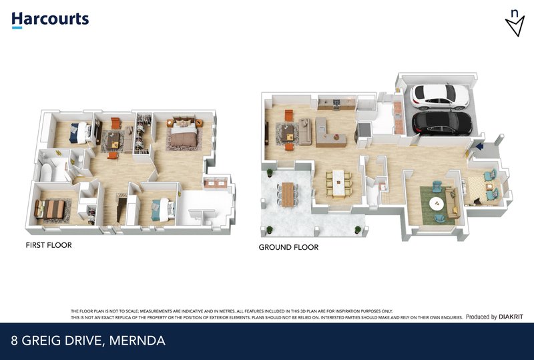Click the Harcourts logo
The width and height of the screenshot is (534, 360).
pos(50,20)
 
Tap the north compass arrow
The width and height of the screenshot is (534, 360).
pos(515,26)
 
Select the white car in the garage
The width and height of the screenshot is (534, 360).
pos(440,96)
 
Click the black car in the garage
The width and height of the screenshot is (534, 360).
pos(442,123)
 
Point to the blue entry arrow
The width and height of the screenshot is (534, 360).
pos(480,146)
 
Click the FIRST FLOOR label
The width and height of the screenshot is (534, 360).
pos(49,245)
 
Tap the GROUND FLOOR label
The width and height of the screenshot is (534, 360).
pos(288,247)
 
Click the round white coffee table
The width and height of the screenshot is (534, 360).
pos(437,204)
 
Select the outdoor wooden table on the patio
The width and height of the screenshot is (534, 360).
pos(288,194)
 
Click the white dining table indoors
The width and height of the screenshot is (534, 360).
pos(338,183)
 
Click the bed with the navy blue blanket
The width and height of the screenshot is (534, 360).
pos(79,133)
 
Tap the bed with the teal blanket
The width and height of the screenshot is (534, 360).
pos(163,210)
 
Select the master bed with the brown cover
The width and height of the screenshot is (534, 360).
pos(184,134)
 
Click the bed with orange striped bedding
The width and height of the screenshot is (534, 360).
pos(49,208)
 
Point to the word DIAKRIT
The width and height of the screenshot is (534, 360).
pos(511,317)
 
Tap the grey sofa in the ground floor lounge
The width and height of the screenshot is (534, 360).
pos(304,132)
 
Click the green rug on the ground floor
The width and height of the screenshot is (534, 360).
pos(437,205)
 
